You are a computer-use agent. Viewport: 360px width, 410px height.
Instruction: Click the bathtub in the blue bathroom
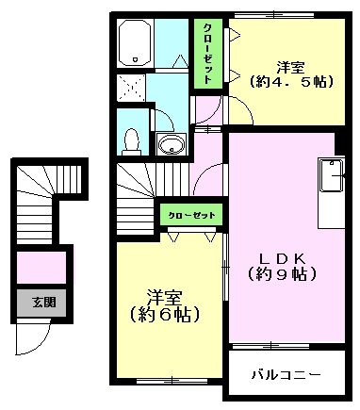click(133, 44)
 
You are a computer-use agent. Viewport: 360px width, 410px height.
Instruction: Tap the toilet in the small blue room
click(132, 140)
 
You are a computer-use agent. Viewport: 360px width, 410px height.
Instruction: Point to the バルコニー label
click(286, 374)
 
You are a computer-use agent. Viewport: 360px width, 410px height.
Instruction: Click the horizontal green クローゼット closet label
click(192, 216)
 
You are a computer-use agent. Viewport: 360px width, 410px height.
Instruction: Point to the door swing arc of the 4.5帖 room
click(237, 108)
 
